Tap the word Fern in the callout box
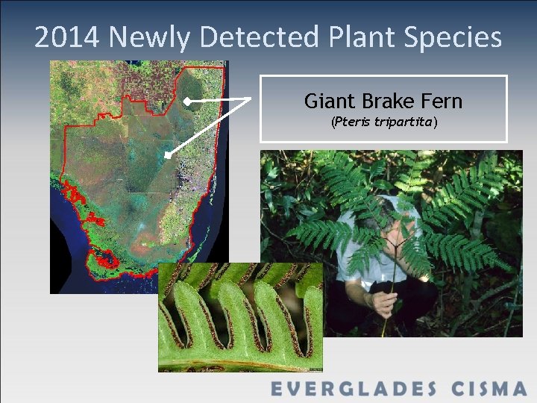click(439, 101)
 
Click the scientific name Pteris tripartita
click(383, 122)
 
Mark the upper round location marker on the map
click(187, 100)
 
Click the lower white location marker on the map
click(169, 154)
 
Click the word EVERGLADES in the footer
click(355, 389)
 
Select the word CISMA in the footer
click(489, 389)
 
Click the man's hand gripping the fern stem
click(383, 302)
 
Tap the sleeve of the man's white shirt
click(347, 257)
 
